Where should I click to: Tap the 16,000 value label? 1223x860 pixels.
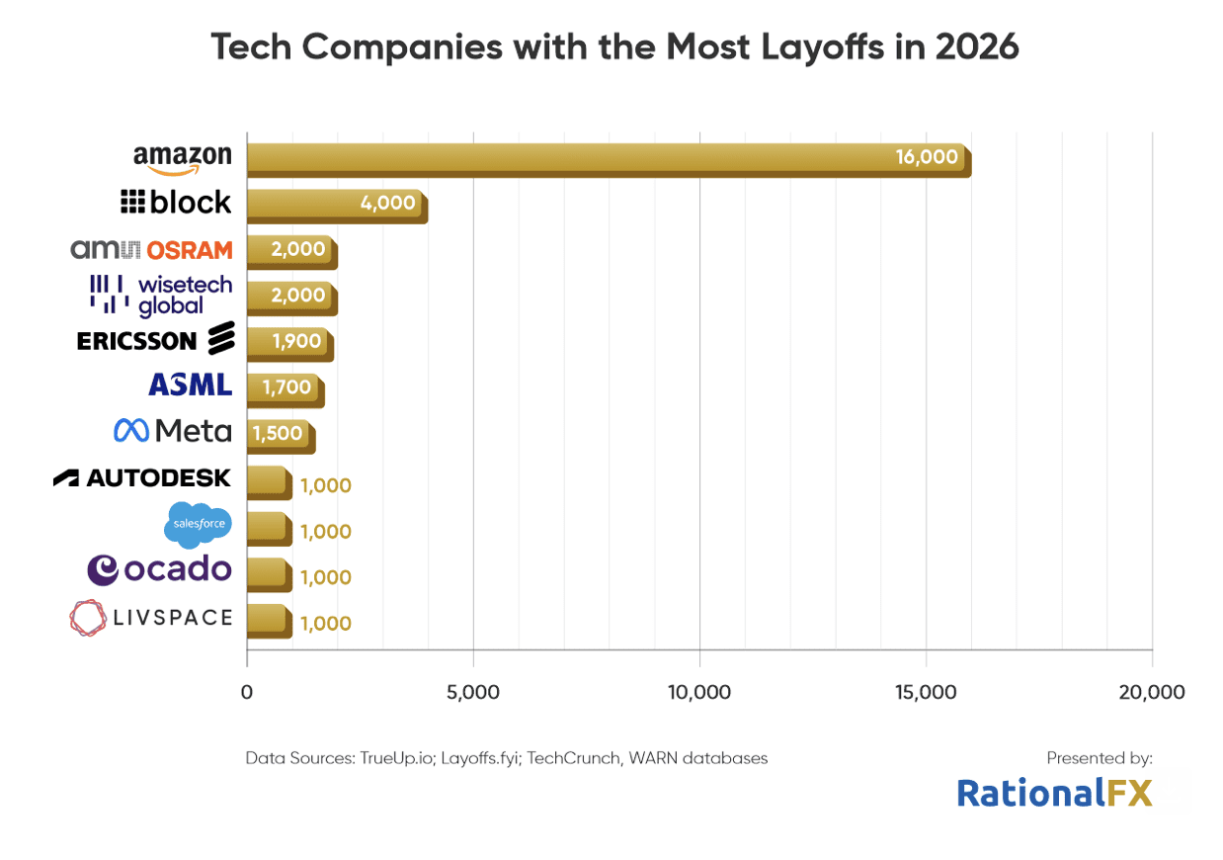[x=927, y=156]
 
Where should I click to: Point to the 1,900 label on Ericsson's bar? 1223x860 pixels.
[x=297, y=341]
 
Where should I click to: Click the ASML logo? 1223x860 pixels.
[x=190, y=385]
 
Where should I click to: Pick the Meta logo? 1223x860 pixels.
[x=173, y=431]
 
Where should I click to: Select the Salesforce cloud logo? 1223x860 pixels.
[x=198, y=524]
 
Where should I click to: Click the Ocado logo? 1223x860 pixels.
[x=160, y=569]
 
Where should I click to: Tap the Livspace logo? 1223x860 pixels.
[x=151, y=618]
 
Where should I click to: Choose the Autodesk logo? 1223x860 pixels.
[x=142, y=478]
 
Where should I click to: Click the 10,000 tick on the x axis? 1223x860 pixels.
[x=699, y=692]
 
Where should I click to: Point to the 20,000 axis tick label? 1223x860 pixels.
[x=1152, y=692]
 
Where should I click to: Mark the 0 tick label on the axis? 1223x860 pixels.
[x=247, y=692]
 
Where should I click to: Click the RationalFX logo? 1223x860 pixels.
[x=1054, y=793]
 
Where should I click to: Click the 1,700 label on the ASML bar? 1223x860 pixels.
[x=286, y=387]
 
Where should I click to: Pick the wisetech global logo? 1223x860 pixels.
[x=161, y=295]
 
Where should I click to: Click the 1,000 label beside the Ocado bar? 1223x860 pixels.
[x=325, y=577]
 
